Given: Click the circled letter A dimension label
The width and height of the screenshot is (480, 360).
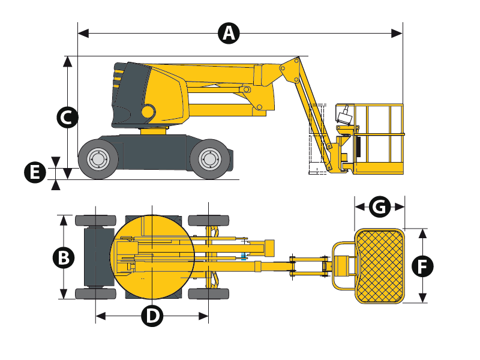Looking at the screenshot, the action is point(229,33).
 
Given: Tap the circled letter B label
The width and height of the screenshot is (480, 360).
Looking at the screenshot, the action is point(64,257).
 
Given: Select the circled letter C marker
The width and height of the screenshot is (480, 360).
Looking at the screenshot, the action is point(67,117).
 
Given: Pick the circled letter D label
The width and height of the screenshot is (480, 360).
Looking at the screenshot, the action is point(152,316).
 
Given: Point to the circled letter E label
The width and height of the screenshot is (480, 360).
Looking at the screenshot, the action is point(35,172).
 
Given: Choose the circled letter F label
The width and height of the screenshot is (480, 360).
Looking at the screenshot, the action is point(422,266).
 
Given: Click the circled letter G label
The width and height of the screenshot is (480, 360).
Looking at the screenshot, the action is point(380,207).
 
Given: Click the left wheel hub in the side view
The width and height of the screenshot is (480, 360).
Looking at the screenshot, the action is point(98,159).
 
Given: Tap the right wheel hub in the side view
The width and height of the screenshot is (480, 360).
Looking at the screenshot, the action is point(209,159).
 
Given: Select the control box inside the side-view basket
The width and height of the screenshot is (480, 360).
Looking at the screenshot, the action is point(346,116).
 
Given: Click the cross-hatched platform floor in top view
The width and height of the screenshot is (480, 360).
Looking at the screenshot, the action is point(380,266).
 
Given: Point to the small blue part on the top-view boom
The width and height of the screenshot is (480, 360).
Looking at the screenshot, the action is point(244,257).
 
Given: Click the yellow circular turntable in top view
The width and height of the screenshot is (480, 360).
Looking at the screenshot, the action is point(152,257).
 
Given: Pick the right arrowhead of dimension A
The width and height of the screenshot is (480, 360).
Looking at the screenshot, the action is point(397,34).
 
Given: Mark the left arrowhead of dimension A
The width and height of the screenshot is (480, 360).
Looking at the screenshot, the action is point(83,34).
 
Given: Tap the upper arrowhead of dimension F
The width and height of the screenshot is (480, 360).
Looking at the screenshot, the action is point(422,234).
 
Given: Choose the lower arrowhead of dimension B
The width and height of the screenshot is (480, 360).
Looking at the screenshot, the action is point(64,294).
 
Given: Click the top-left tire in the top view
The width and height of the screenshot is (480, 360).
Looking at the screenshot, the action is point(95,221).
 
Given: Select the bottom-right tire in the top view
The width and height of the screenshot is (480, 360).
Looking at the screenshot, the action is point(208,294).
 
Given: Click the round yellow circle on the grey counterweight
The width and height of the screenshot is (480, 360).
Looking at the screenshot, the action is point(148,111).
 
